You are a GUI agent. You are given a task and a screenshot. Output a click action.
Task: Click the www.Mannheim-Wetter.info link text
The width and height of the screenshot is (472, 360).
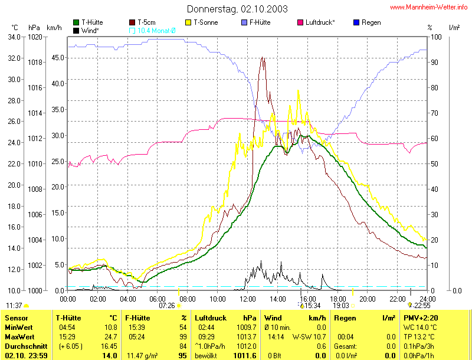[x=430, y=7]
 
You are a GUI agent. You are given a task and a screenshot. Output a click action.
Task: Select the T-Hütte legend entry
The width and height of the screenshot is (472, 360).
[x=91, y=22]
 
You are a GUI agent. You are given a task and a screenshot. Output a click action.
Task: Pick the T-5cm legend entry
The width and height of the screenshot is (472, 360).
[x=147, y=22]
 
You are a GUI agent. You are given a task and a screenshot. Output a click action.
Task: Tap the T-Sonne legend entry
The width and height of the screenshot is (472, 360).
[x=203, y=22]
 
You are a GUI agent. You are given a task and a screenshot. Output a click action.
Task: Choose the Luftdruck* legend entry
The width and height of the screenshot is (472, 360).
[x=320, y=22]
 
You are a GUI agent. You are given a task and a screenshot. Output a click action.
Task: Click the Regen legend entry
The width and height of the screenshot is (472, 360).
[x=371, y=22]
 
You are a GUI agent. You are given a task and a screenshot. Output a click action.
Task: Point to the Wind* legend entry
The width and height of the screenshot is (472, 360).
[x=90, y=30]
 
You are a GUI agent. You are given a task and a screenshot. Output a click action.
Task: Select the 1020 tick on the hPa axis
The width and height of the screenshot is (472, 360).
[x=35, y=37]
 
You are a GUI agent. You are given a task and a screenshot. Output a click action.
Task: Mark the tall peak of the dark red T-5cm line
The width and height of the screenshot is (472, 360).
[x=263, y=58]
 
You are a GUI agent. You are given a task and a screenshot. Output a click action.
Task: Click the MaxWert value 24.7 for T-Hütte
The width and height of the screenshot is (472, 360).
[x=110, y=336]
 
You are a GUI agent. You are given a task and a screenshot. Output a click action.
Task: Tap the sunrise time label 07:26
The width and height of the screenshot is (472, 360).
[x=167, y=306]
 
